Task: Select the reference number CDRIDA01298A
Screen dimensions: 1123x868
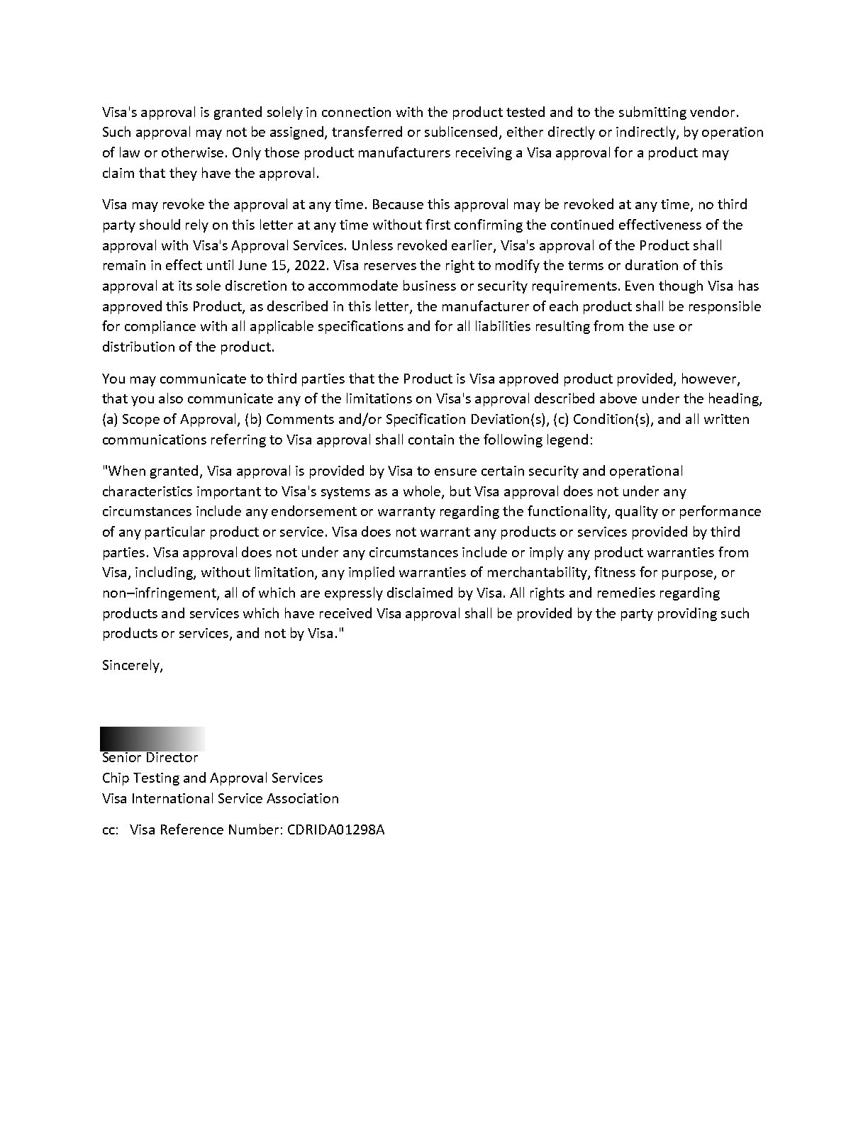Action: coord(335,829)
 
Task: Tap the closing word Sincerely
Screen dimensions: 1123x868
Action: coord(132,666)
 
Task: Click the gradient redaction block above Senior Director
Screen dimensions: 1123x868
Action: coord(152,739)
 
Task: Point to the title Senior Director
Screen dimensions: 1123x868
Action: coord(150,758)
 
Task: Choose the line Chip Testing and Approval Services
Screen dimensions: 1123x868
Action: coord(212,778)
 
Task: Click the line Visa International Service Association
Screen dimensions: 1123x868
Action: coord(220,798)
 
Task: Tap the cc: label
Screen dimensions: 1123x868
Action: coord(110,829)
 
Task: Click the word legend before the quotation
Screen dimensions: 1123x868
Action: coord(569,440)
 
